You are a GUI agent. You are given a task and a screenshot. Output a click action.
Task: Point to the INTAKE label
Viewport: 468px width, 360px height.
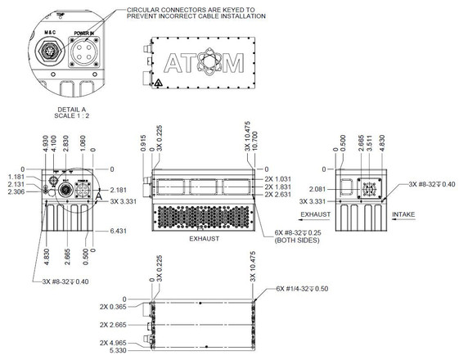coord(404,215)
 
